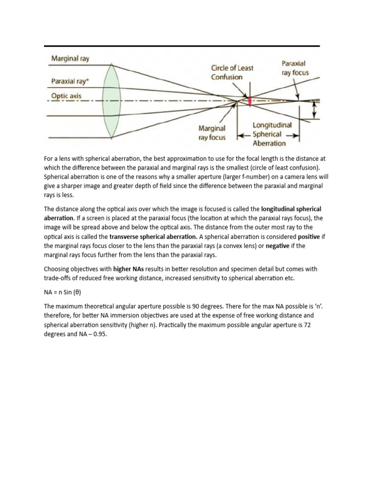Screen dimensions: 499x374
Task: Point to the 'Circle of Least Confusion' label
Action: coord(232,72)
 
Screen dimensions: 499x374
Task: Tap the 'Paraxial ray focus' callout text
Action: coord(295,68)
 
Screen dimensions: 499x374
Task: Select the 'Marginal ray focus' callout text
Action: coord(212,133)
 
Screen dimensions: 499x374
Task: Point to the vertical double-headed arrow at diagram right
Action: coord(314,109)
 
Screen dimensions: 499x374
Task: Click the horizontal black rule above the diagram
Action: coord(182,46)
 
